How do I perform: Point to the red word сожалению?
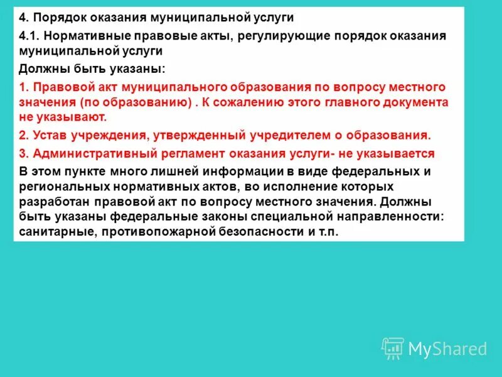point(326,102)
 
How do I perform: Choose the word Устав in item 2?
point(49,135)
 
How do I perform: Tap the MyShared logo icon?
point(393,347)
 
